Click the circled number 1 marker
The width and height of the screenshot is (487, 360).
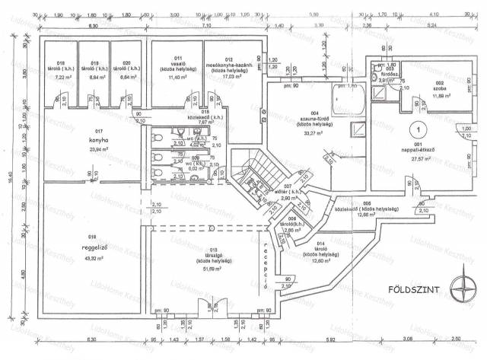pyautogui.click(x=417, y=130)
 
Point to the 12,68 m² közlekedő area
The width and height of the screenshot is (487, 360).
pyautogui.click(x=366, y=214)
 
